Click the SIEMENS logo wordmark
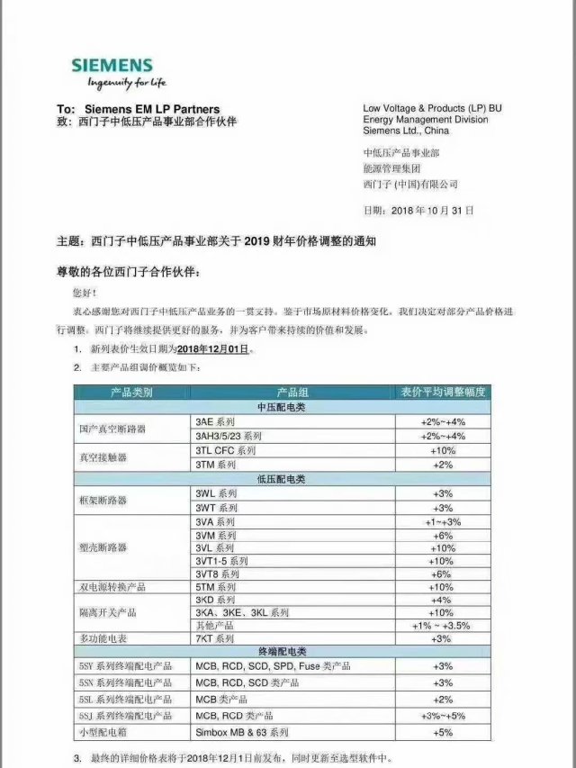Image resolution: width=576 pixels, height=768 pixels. point(112,66)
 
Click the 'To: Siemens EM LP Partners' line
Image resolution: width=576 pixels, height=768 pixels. point(138,110)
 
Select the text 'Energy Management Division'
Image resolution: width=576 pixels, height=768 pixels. point(426,119)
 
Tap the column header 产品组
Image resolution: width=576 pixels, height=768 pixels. point(292,393)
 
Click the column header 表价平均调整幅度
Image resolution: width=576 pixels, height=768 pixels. point(442,393)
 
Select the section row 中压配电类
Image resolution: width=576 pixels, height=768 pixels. point(282,407)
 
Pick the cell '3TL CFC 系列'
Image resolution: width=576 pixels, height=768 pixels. point(226,450)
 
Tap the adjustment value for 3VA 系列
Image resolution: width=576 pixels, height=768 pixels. point(442,521)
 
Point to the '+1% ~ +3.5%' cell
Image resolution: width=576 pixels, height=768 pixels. point(442,625)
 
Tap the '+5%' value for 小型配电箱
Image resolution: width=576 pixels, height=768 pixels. point(442,732)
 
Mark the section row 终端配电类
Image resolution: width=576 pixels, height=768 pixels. point(282,651)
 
